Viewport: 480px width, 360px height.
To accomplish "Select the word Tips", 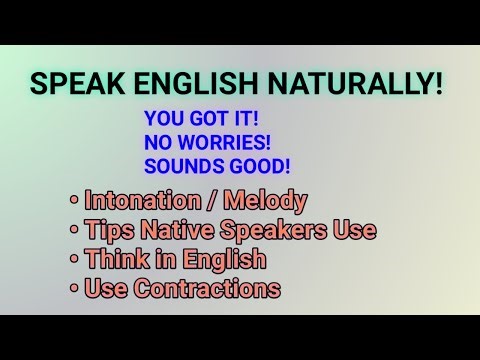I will click(x=109, y=230).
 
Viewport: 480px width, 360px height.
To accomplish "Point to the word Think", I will click(x=116, y=260).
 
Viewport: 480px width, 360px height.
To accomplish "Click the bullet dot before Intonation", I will click(x=74, y=201).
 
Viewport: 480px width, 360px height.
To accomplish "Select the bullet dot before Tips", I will click(x=74, y=231).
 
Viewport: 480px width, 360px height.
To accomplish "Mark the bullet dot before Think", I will click(x=74, y=261).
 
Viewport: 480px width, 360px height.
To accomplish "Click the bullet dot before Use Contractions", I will click(x=74, y=291).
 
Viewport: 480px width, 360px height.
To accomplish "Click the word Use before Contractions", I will click(x=105, y=290).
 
